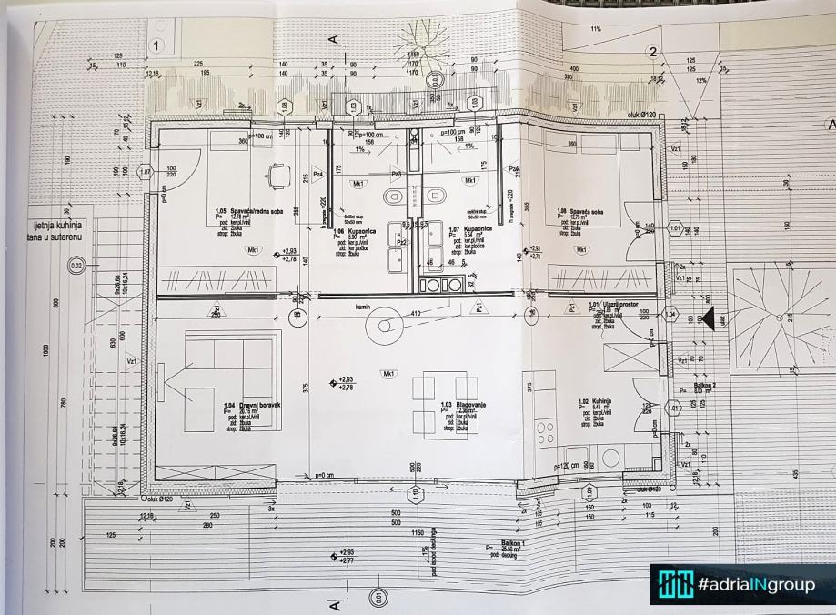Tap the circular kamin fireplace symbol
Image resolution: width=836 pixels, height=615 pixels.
[383, 325]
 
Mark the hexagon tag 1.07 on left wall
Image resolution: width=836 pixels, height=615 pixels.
[144, 172]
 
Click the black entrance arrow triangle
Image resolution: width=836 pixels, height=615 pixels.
[704, 318]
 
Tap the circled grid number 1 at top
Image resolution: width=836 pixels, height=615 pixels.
[157, 45]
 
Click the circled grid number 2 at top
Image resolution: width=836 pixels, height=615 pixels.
[652, 52]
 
